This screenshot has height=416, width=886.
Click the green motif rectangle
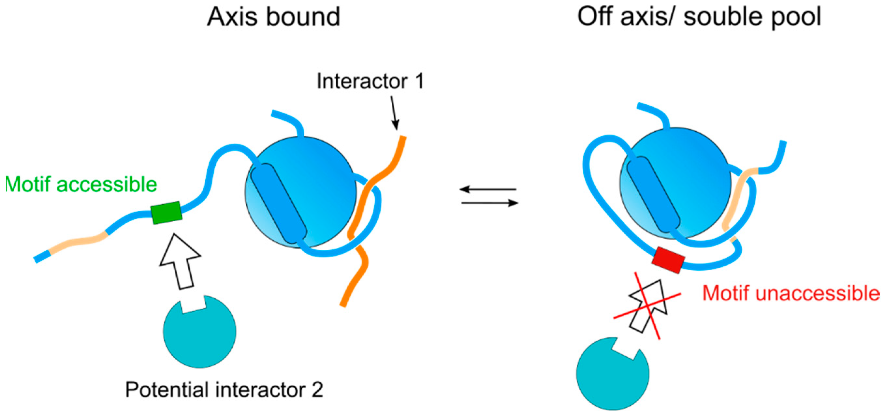167,213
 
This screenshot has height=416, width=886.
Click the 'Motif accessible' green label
81,185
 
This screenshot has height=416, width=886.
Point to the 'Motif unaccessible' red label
791,293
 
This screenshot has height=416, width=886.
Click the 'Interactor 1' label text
370,81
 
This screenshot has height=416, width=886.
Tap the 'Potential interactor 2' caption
224,390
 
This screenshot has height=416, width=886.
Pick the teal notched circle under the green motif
199,332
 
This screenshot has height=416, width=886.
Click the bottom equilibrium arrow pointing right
490,203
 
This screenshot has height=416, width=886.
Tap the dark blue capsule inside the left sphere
278,204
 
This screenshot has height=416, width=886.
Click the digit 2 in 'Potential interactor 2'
317,390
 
